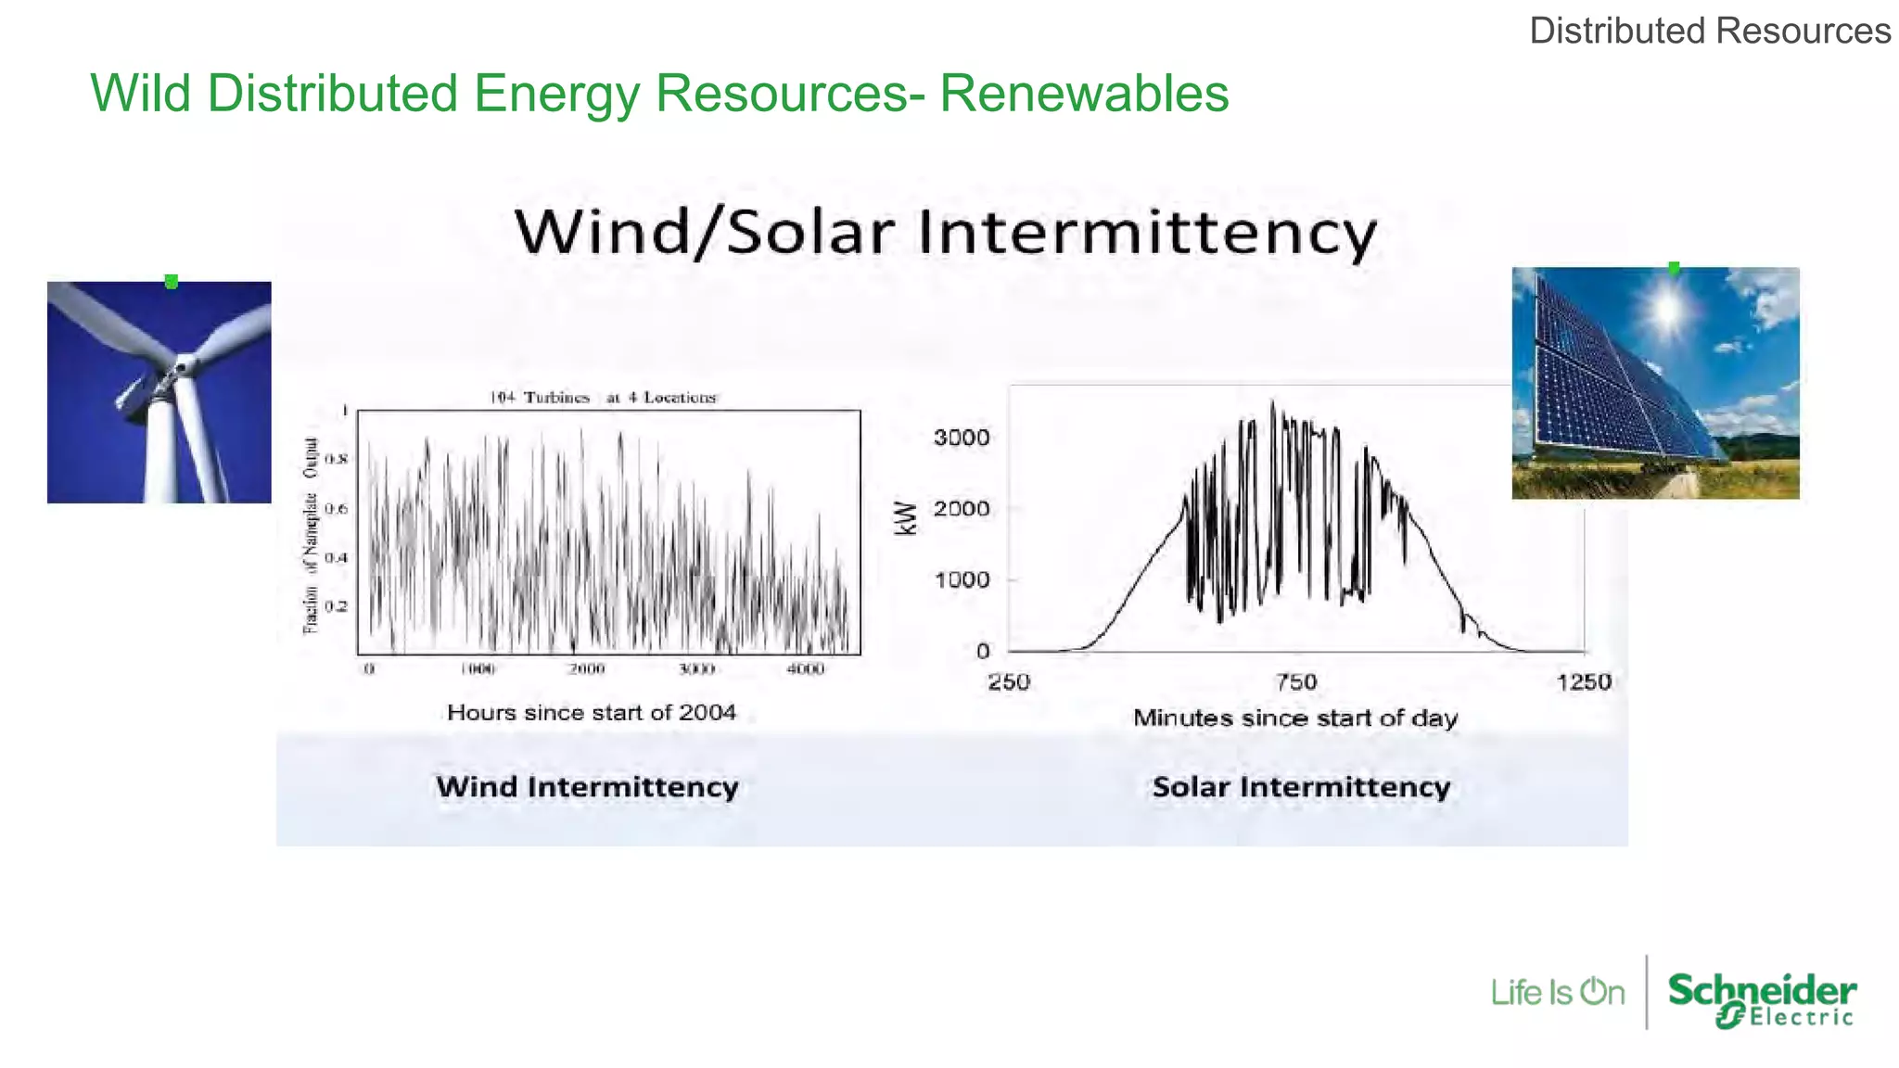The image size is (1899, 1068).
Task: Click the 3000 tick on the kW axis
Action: coord(961,438)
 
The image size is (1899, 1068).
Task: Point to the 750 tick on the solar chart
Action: coord(1295,682)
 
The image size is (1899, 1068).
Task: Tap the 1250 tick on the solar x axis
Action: coord(1583,682)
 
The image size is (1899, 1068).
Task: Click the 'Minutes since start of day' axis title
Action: coord(1294,718)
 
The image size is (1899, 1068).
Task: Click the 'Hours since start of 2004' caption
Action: coord(591,713)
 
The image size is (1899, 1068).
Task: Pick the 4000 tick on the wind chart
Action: coord(805,668)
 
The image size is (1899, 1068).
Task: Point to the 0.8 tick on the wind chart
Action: coord(336,459)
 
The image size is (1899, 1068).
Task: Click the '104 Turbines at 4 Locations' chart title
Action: coord(603,398)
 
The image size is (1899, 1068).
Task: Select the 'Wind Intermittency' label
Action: coord(587,787)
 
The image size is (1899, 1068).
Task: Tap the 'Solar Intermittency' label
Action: coord(1301,787)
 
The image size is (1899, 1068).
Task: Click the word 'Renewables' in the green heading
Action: coord(1084,94)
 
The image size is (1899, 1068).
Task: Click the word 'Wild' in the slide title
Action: coord(139,94)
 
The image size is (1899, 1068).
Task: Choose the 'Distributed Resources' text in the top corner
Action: coord(1709,31)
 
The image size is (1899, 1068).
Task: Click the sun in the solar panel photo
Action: coord(1666,308)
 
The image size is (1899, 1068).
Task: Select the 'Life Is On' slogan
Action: coord(1557,993)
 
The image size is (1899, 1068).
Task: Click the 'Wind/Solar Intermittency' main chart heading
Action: coord(945,232)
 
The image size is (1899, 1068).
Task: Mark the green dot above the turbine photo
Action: coord(172,282)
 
